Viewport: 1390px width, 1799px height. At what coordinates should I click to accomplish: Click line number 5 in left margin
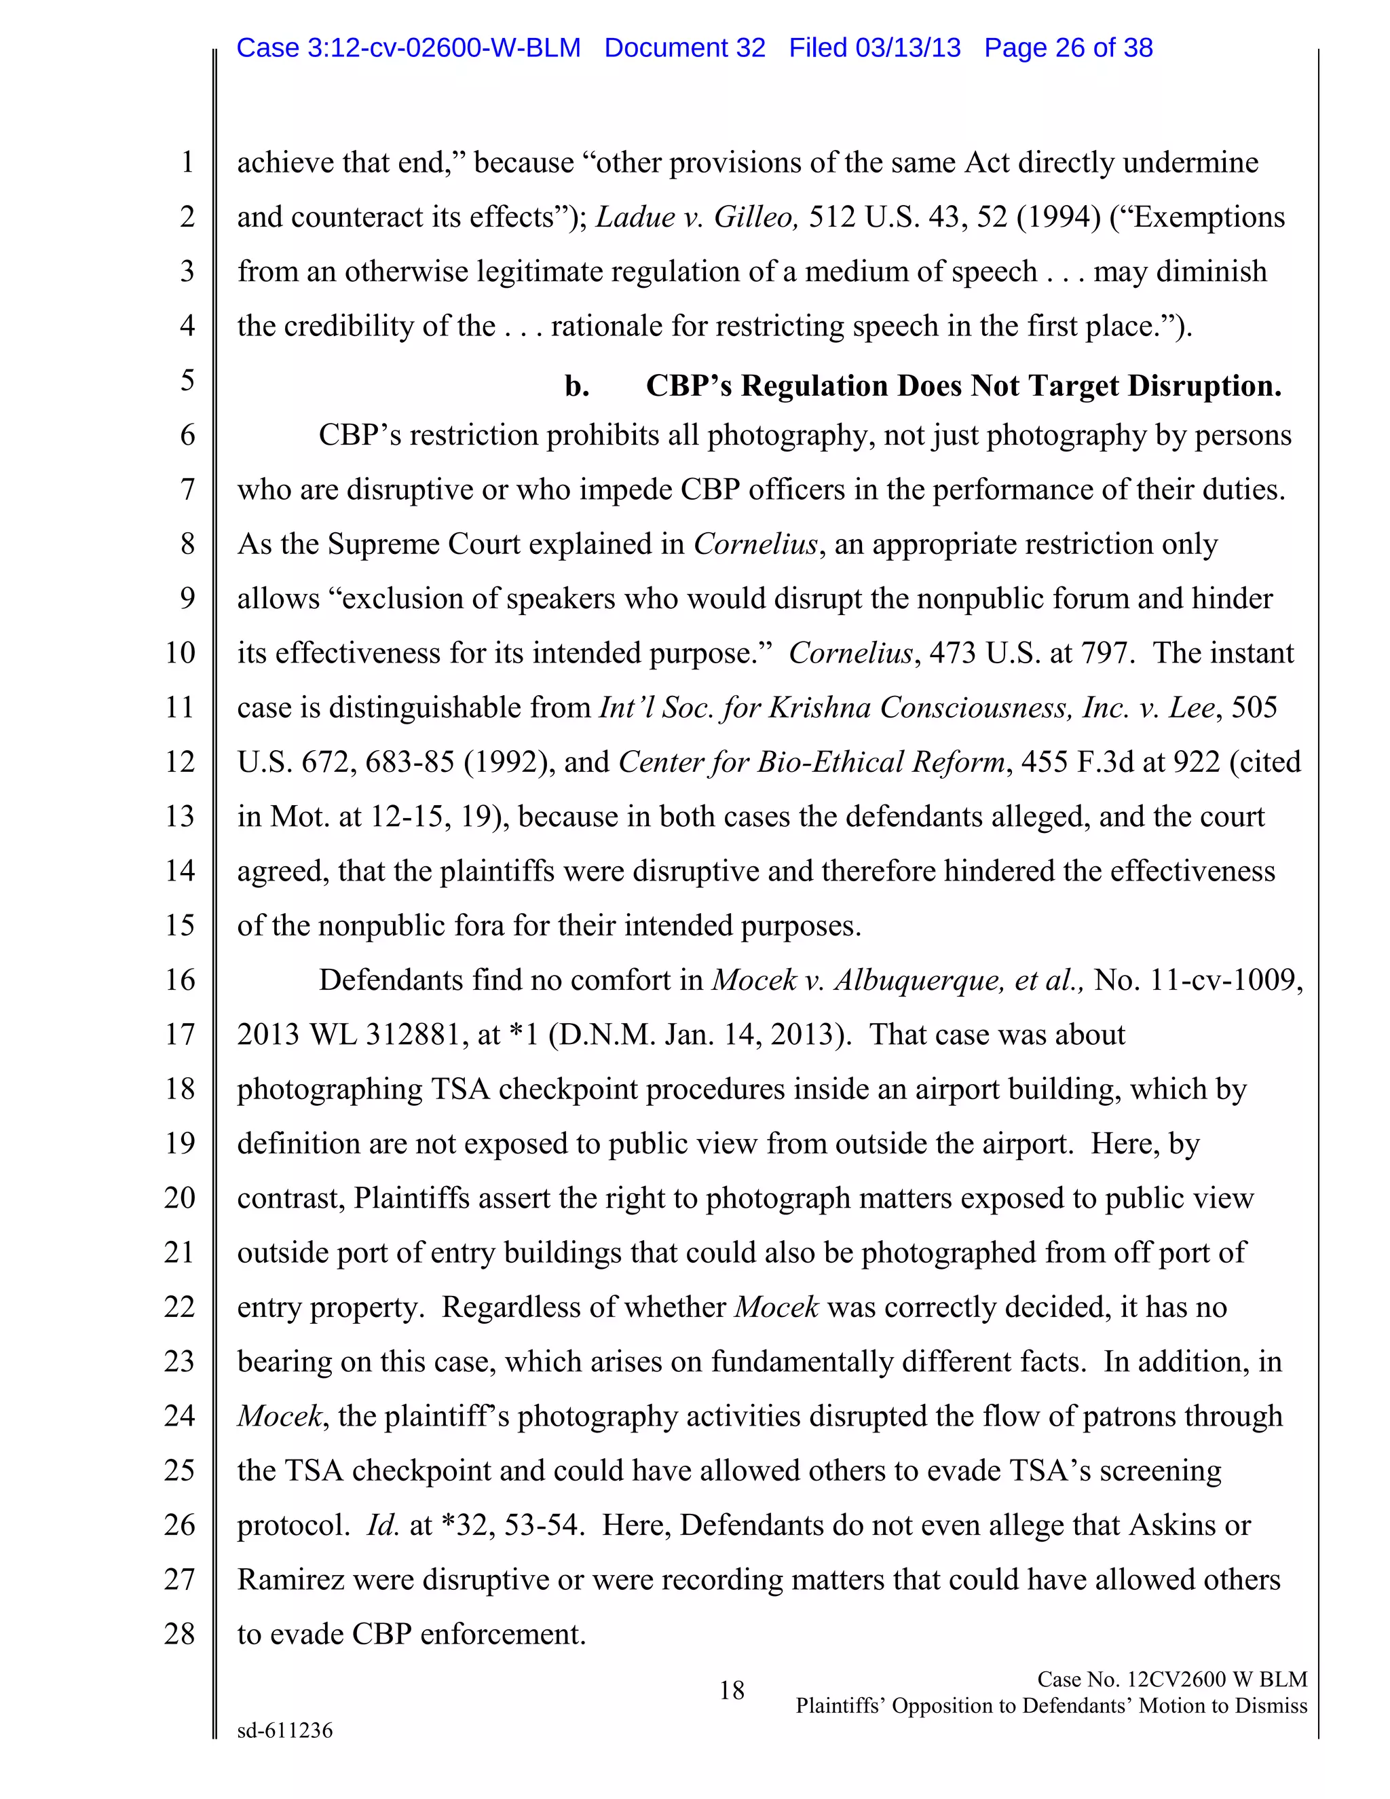pos(188,381)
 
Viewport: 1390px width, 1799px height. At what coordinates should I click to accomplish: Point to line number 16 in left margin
pos(181,980)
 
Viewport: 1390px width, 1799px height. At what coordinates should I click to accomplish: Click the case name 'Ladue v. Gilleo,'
pos(698,217)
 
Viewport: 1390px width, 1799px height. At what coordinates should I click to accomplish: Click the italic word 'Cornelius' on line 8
pos(755,544)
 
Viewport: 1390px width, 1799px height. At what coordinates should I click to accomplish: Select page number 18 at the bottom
pos(731,1691)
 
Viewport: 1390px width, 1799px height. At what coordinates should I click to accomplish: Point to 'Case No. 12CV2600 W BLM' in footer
pos(1171,1680)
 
